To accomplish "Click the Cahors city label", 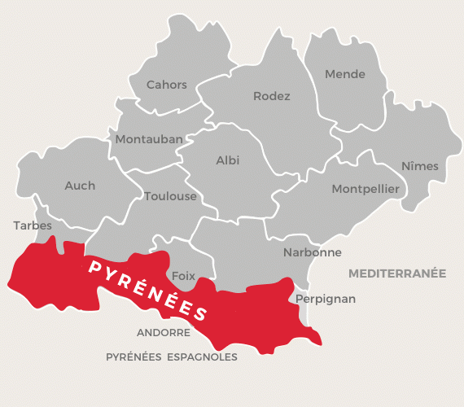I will click(166, 85).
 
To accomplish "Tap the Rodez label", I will click(272, 96).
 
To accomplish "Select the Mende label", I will click(345, 74).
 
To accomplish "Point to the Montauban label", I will click(149, 139).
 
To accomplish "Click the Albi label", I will click(228, 160).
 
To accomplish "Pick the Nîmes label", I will click(420, 166).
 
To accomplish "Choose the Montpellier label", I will click(366, 189).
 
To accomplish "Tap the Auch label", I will click(80, 186).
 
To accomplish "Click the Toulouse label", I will click(170, 196).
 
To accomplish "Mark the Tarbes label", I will click(33, 225).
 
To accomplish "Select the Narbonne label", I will click(313, 252).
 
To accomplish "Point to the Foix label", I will click(184, 276).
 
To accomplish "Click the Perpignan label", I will click(326, 299).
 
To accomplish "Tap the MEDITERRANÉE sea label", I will click(397, 274).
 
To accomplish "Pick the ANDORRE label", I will click(164, 333).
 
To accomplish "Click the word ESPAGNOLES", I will click(203, 357).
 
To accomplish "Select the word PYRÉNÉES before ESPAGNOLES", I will click(134, 357).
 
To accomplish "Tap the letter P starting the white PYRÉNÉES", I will click(94, 266).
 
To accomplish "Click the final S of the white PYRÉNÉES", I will click(201, 313).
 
